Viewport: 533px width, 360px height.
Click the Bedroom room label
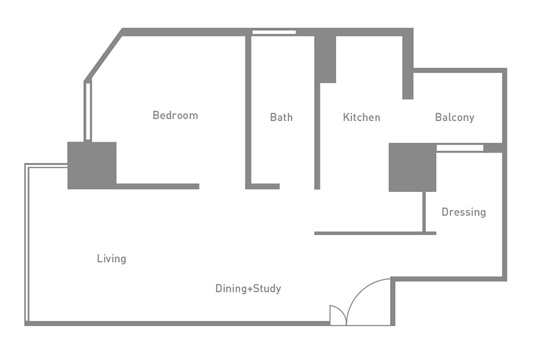175,115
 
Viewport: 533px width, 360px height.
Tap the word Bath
281,117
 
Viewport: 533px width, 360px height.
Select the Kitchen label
361,117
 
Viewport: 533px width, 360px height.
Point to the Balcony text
455,118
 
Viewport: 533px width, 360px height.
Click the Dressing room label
463,212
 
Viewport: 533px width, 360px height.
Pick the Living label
112,258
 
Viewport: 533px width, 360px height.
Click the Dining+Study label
248,289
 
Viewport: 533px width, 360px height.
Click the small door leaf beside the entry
338,315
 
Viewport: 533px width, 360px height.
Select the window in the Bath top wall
274,32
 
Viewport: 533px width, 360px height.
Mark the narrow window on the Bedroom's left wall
88,111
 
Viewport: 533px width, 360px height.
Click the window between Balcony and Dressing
460,148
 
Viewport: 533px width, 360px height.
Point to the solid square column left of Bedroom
92,166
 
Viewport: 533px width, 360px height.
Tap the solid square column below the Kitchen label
413,167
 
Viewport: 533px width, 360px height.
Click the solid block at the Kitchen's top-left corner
325,59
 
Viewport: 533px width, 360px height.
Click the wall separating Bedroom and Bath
248,111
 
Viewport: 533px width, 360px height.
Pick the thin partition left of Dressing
424,212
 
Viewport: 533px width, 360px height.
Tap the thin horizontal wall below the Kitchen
375,233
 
